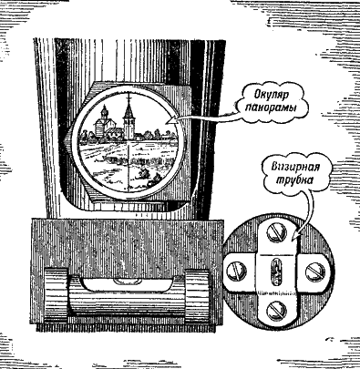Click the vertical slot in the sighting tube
coord(274,271)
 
